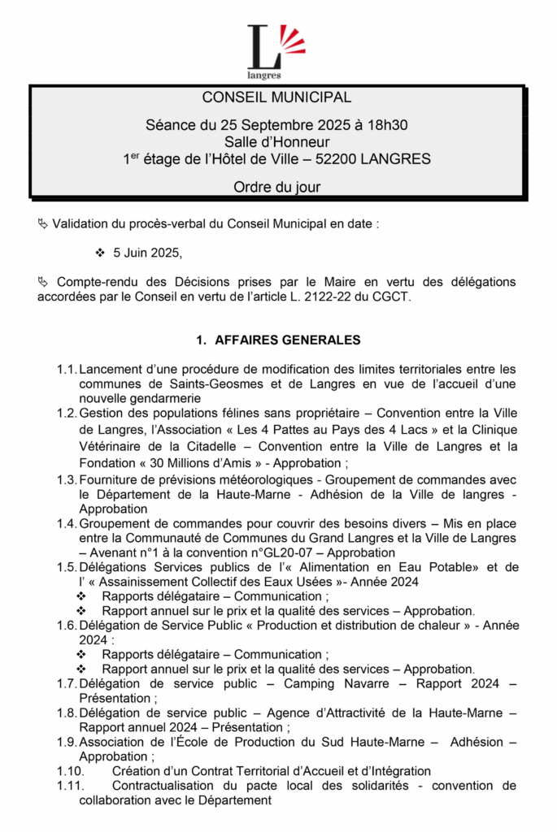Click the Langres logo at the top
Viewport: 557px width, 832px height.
pyautogui.click(x=276, y=50)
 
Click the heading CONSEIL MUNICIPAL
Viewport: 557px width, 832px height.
pyautogui.click(x=277, y=98)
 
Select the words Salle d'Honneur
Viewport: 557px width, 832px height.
pyautogui.click(x=277, y=142)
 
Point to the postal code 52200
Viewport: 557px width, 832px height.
pyautogui.click(x=327, y=159)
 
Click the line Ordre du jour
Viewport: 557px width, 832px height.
pyautogui.click(x=277, y=187)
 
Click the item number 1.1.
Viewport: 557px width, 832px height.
pyautogui.click(x=67, y=370)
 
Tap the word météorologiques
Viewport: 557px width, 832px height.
pyautogui.click(x=244, y=479)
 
